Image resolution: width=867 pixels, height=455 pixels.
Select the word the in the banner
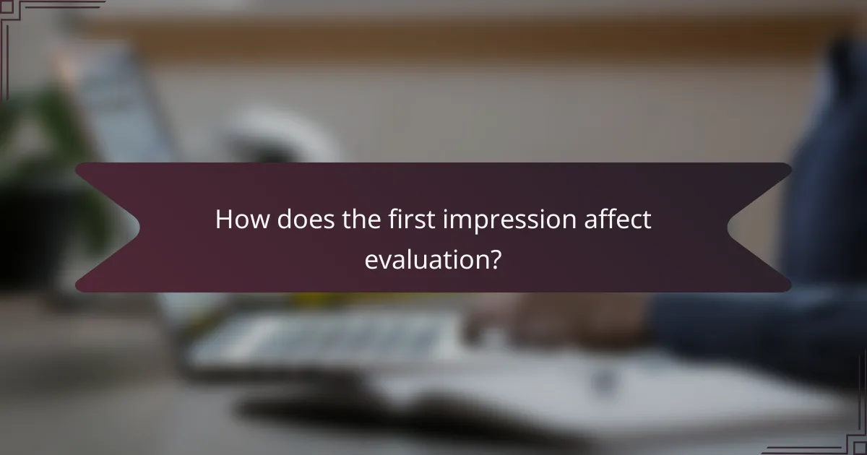[358, 220]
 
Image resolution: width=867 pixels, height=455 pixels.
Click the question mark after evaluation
[496, 259]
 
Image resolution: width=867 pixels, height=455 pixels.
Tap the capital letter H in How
[225, 220]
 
